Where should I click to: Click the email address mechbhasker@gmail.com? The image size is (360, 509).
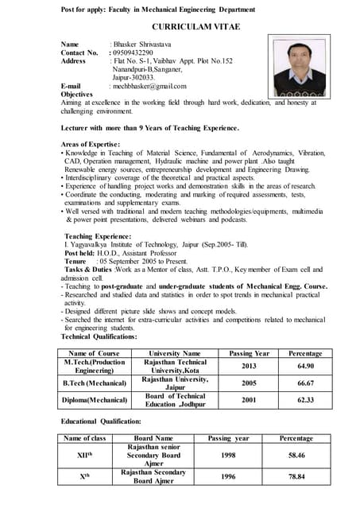click(x=149, y=86)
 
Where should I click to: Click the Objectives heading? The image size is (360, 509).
click(x=77, y=94)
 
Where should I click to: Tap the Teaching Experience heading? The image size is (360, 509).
click(x=98, y=236)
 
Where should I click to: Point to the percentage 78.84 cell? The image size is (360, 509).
click(x=297, y=476)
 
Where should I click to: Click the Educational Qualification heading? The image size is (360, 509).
click(x=102, y=420)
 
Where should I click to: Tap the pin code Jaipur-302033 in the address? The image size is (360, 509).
click(x=132, y=77)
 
